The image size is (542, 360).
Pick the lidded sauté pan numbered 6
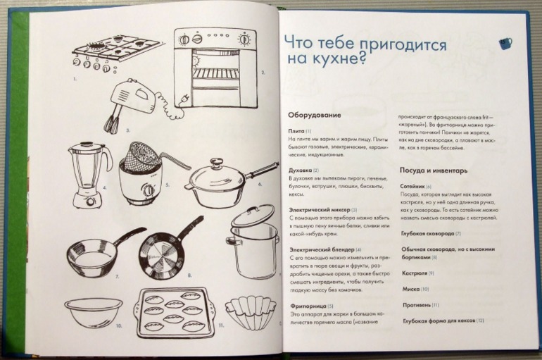(x=218, y=185)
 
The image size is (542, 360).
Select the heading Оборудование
(x=315, y=115)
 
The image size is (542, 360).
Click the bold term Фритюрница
(x=307, y=305)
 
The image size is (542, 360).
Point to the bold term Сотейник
(x=412, y=186)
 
